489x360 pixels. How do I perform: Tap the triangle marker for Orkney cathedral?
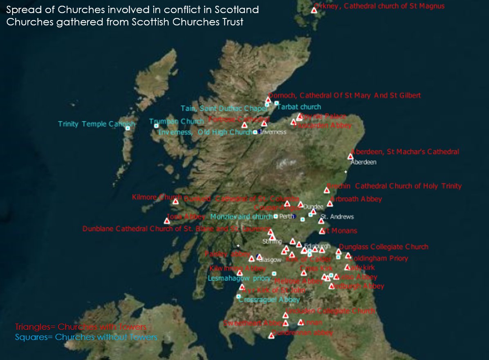[x=314, y=10]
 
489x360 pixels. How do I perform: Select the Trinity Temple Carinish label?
[x=96, y=124]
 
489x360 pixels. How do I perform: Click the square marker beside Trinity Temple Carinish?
[x=128, y=128]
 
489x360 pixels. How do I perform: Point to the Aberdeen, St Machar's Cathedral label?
[x=405, y=152]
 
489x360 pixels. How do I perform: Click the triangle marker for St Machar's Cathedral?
[x=350, y=157]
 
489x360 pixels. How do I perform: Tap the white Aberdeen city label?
[x=363, y=162]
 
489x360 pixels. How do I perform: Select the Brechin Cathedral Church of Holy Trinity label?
[x=394, y=186]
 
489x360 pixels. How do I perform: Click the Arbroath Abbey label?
[x=356, y=199]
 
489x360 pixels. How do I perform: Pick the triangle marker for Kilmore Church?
[x=176, y=201]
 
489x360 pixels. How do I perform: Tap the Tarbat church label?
[x=299, y=107]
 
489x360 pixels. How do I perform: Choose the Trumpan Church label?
[x=176, y=122]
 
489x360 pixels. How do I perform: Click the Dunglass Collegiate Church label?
[x=384, y=247]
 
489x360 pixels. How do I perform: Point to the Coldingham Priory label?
[x=378, y=259]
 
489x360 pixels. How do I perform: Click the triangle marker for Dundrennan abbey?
[x=271, y=336]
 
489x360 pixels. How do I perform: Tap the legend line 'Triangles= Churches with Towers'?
[x=81, y=327]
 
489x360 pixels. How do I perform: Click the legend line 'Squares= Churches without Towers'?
[x=86, y=337]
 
